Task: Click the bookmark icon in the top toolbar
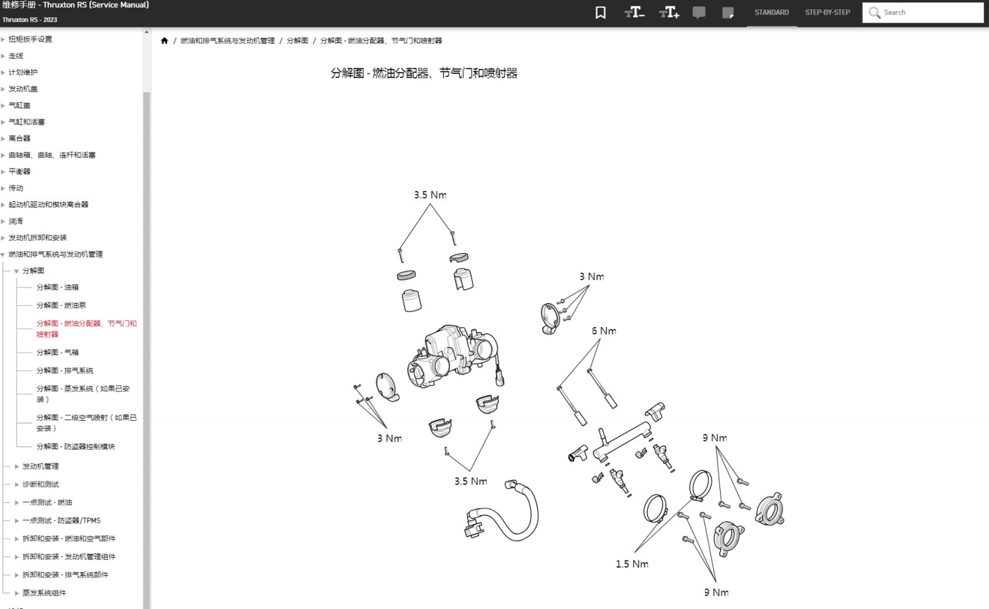pyautogui.click(x=600, y=12)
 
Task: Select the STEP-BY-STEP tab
pyautogui.click(x=827, y=12)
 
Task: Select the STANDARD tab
pyautogui.click(x=771, y=12)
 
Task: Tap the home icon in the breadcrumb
pyautogui.click(x=164, y=41)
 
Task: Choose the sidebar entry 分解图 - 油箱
pyautogui.click(x=57, y=287)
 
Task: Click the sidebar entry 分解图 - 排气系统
pyautogui.click(x=65, y=370)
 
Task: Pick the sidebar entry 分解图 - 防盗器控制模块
pyautogui.click(x=75, y=446)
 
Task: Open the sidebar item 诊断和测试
pyautogui.click(x=40, y=484)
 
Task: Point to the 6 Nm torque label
pyautogui.click(x=604, y=331)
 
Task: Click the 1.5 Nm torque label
pyautogui.click(x=632, y=565)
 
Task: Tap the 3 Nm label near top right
pyautogui.click(x=591, y=277)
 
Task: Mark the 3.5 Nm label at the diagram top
pyautogui.click(x=430, y=195)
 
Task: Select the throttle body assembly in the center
pyautogui.click(x=452, y=352)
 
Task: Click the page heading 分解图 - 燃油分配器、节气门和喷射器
pyautogui.click(x=424, y=73)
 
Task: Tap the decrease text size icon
pyautogui.click(x=634, y=12)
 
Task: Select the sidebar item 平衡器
pyautogui.click(x=20, y=172)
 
